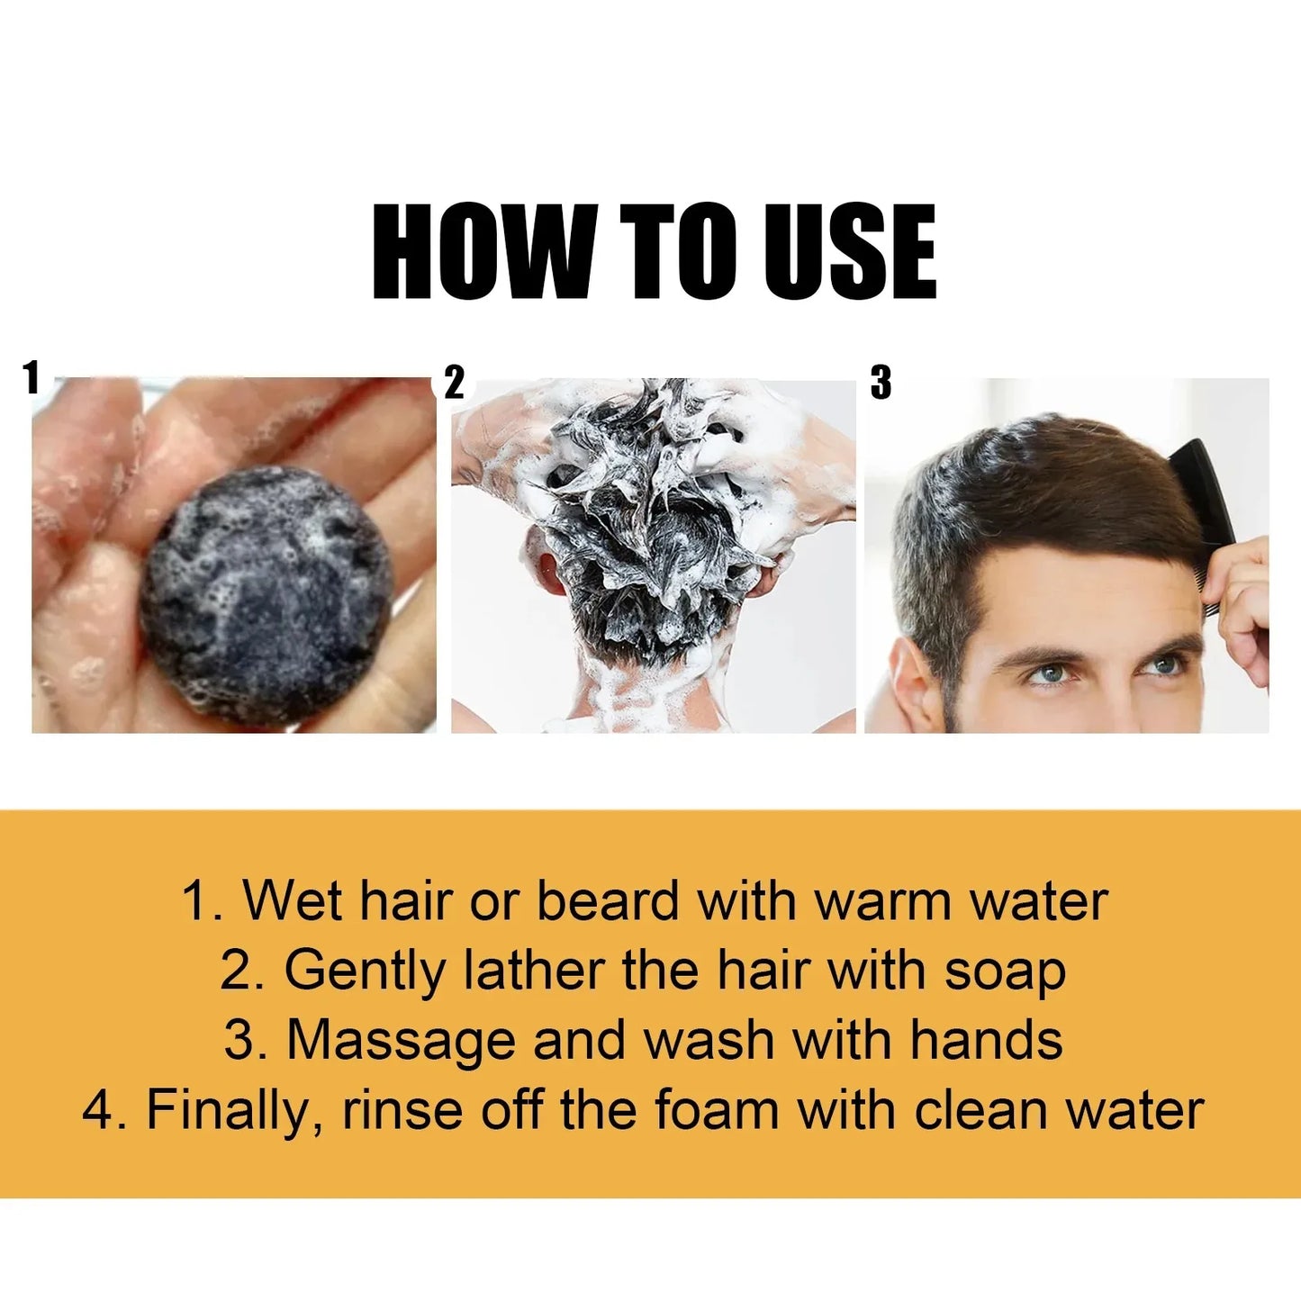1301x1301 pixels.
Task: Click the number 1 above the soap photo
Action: coord(33,377)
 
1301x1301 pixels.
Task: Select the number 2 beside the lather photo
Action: coord(455,384)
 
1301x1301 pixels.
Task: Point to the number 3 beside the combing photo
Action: coord(881,384)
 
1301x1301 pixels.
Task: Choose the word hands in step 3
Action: coord(986,1041)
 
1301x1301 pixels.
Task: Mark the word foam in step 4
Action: coord(717,1110)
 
